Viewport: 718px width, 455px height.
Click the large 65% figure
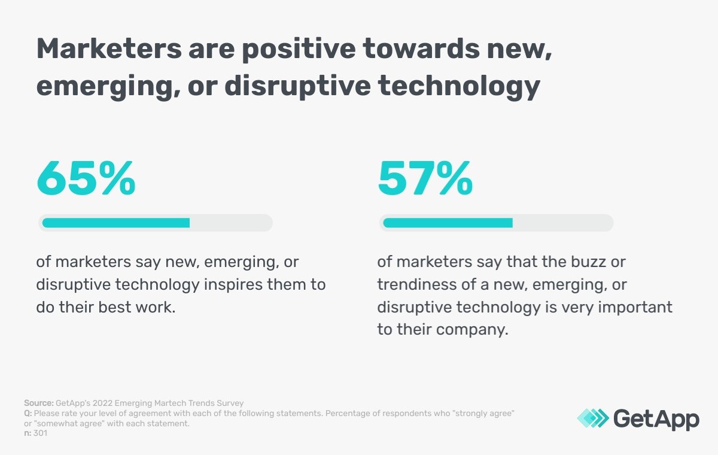pos(86,178)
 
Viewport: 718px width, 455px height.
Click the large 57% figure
pos(425,178)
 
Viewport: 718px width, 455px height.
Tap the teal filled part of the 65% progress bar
pos(115,223)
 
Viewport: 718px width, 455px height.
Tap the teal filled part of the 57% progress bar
pos(448,223)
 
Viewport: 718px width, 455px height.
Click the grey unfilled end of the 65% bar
pos(230,223)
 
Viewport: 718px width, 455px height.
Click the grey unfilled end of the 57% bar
pos(562,223)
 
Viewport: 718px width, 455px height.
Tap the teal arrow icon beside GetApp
pos(592,418)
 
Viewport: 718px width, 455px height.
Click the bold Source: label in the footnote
pos(38,403)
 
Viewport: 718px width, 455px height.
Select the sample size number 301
pos(41,433)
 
